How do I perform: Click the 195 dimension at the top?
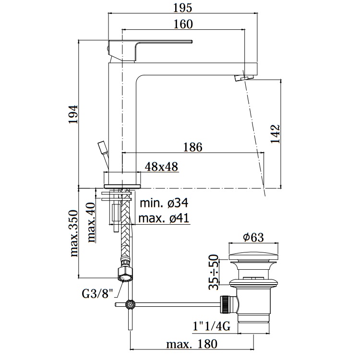(182, 8)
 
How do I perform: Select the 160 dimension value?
(183, 24)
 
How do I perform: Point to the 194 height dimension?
(74, 114)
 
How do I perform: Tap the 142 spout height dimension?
(276, 134)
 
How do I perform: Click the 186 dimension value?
(192, 147)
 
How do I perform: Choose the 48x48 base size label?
(161, 167)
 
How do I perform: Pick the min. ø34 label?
(164, 203)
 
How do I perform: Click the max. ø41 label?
(164, 218)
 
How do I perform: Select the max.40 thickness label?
(91, 222)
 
